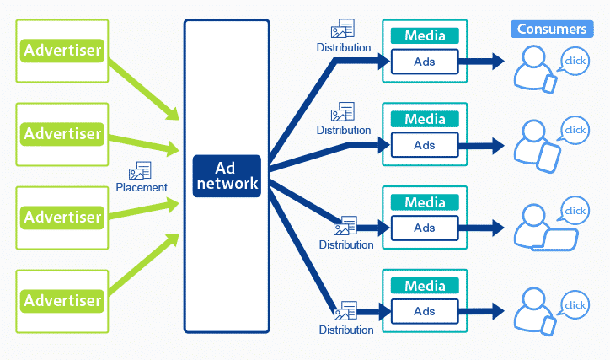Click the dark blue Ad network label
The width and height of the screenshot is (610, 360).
(x=226, y=176)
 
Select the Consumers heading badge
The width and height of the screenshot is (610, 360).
(x=551, y=29)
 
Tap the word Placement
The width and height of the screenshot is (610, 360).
(x=142, y=187)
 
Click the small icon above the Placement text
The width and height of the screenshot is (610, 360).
(x=140, y=170)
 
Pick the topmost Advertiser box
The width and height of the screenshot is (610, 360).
(x=62, y=51)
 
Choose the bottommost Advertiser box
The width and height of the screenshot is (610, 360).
(x=62, y=300)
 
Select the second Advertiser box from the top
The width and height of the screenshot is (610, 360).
(x=62, y=134)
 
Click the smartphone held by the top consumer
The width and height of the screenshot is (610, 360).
(x=549, y=83)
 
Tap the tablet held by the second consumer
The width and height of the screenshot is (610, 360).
(x=550, y=156)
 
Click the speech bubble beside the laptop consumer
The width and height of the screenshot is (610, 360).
(x=575, y=211)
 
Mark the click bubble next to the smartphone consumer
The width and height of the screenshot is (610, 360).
(x=575, y=62)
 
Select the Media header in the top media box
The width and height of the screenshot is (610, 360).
(x=425, y=35)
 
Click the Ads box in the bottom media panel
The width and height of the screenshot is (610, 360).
(x=425, y=311)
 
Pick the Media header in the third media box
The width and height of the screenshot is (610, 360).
(x=425, y=202)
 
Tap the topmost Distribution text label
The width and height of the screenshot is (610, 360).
(x=344, y=48)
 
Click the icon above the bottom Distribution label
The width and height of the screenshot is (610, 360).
(x=344, y=311)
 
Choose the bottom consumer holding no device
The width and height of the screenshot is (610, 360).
(x=534, y=307)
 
